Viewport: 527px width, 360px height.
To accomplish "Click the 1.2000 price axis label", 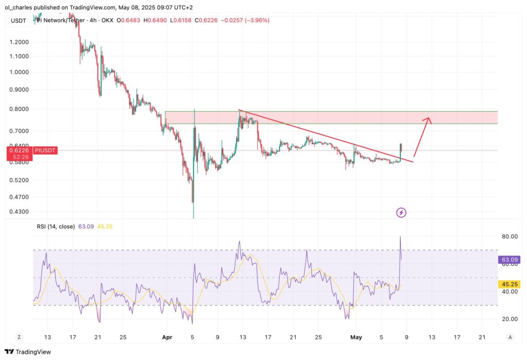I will tap(19, 42).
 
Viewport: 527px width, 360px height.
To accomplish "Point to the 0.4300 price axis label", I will tap(19, 212).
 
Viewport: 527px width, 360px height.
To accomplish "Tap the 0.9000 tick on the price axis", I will tap(19, 90).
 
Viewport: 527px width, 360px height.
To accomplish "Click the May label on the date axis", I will tap(356, 337).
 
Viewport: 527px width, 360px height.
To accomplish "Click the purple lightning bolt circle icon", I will tap(401, 212).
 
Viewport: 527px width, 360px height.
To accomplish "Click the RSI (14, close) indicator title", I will tap(55, 226).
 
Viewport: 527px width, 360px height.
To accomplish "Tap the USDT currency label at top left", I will tap(18, 20).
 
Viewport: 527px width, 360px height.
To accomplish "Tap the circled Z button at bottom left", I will tap(19, 337).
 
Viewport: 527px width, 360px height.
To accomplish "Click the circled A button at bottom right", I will tap(510, 337).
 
